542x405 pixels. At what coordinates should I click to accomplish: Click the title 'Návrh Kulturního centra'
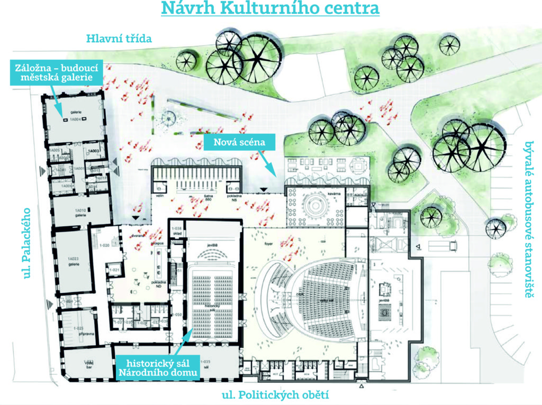coord(270,9)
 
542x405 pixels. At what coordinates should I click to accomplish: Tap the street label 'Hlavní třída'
coord(120,38)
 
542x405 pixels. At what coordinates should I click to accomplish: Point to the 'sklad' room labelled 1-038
coord(177,231)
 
